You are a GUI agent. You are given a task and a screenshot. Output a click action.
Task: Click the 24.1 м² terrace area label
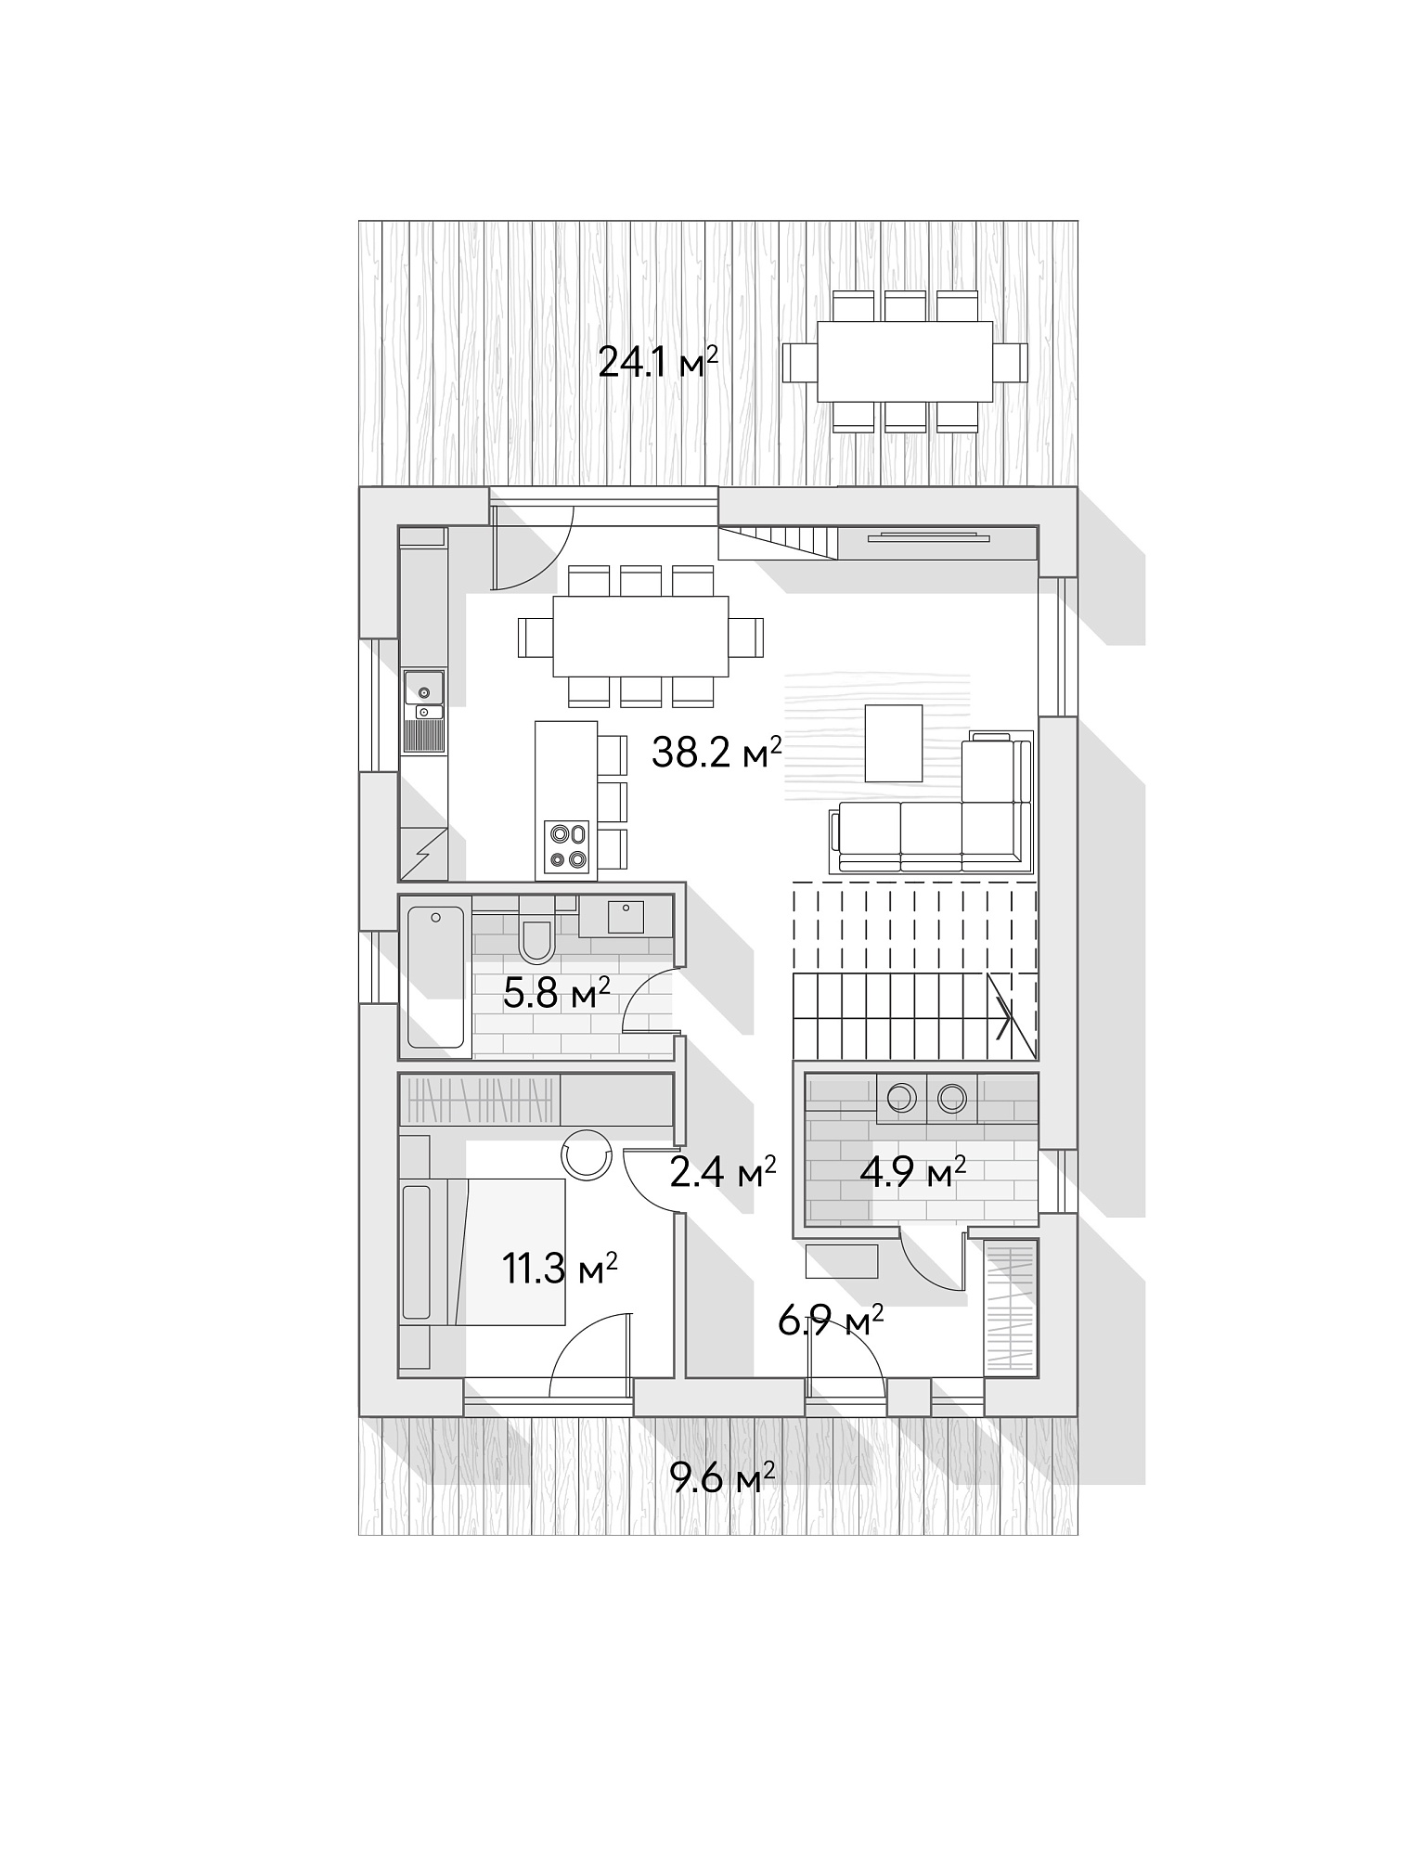(658, 362)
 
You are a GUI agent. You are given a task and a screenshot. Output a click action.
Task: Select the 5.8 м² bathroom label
(556, 994)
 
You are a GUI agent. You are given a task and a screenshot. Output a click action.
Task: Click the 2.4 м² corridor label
(723, 1173)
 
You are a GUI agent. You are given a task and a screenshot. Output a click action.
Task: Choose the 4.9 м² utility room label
(913, 1173)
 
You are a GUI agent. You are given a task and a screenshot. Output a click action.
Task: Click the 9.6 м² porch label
(723, 1476)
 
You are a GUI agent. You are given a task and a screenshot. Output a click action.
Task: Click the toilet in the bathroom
(536, 931)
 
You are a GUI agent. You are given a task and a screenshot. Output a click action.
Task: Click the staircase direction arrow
(1003, 1018)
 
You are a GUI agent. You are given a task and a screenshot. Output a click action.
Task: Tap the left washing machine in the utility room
(900, 1099)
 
